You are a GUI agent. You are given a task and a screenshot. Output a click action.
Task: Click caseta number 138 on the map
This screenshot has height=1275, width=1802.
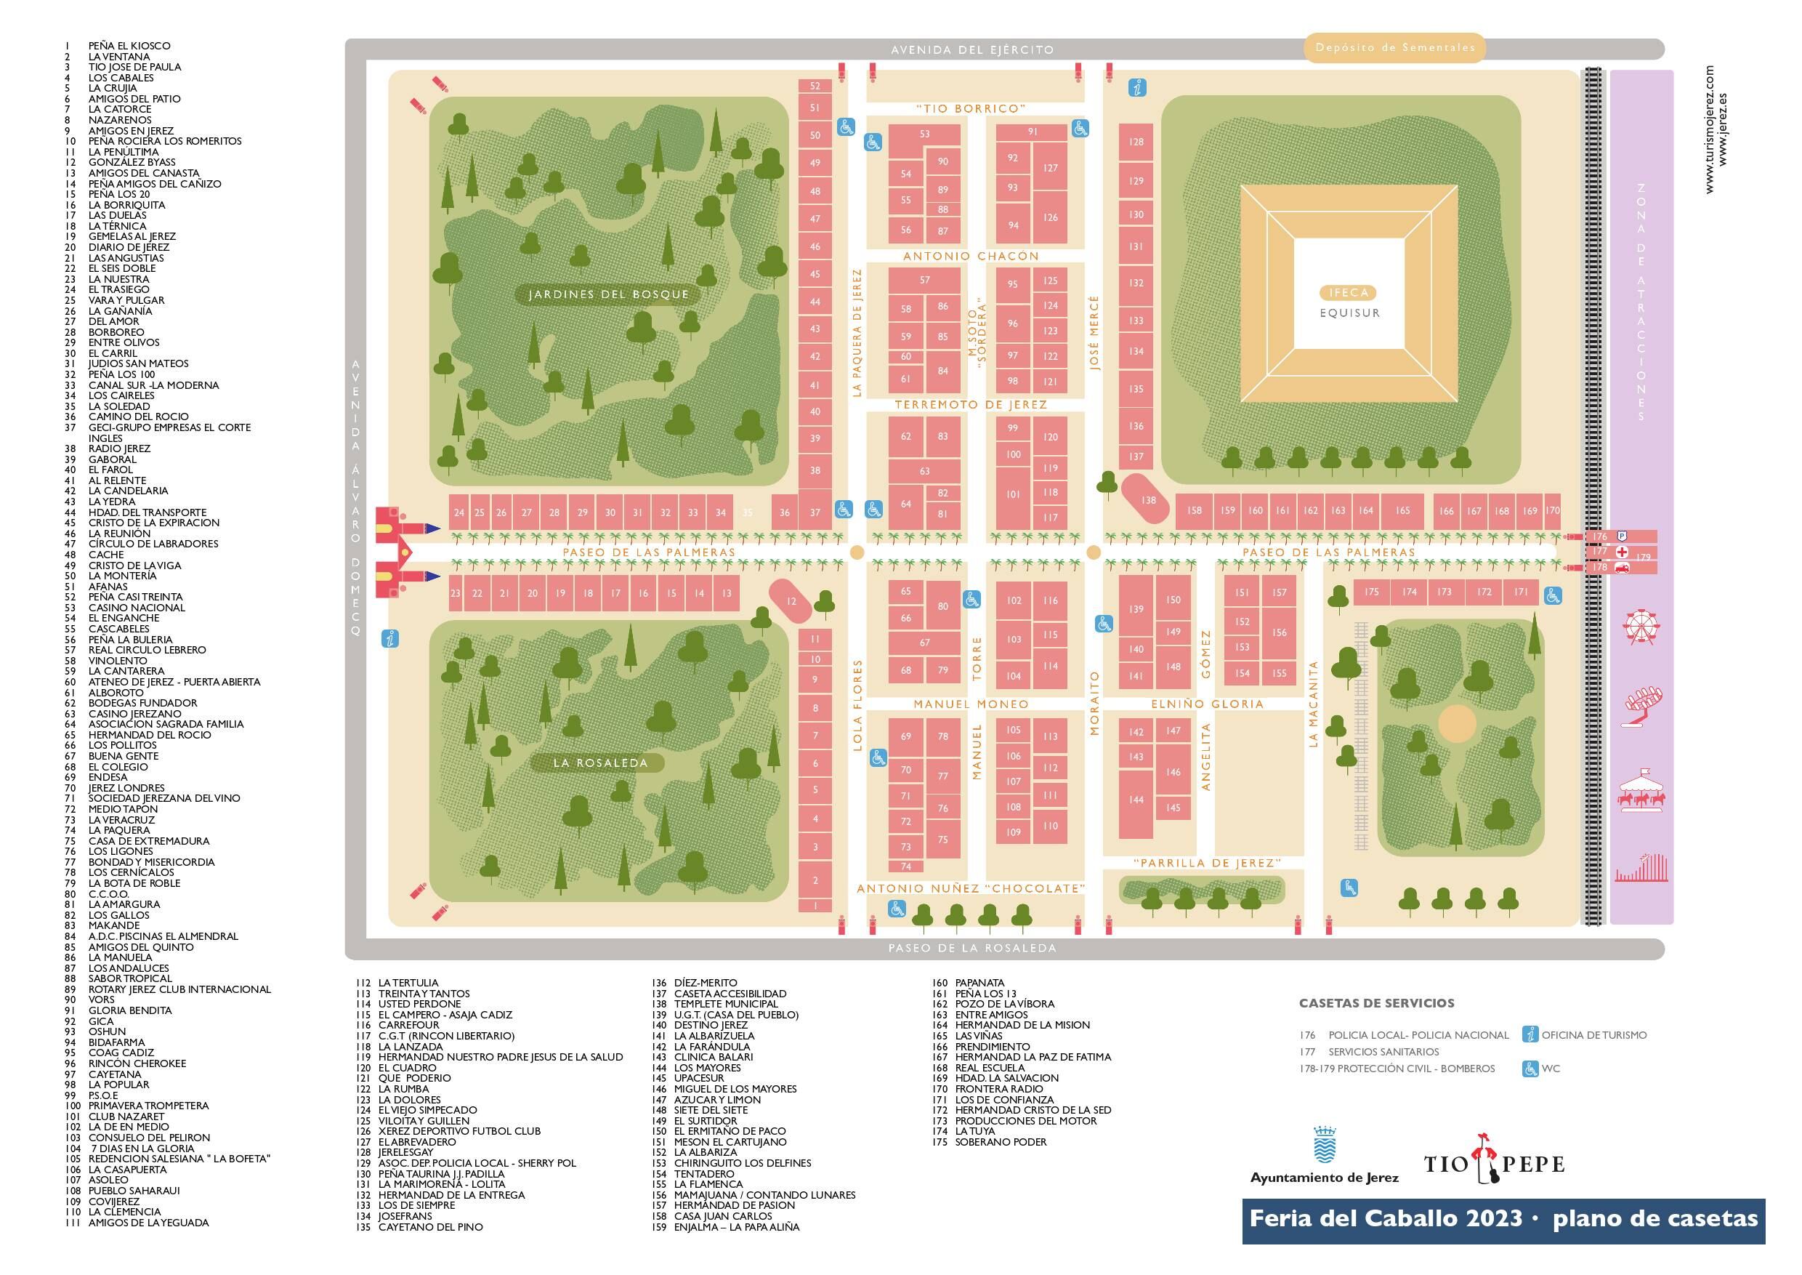pyautogui.click(x=1148, y=499)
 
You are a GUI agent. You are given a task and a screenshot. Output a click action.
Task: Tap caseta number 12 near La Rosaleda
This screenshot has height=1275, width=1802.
pyautogui.click(x=791, y=601)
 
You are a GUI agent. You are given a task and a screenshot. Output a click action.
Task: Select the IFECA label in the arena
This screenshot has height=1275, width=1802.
pyautogui.click(x=1349, y=293)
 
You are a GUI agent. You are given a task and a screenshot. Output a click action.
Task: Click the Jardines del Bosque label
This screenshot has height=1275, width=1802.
pyautogui.click(x=608, y=294)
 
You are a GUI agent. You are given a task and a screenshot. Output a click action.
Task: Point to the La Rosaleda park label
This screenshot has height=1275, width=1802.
pyautogui.click(x=600, y=763)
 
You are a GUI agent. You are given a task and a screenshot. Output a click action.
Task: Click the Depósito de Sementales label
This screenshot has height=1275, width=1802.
pyautogui.click(x=1394, y=47)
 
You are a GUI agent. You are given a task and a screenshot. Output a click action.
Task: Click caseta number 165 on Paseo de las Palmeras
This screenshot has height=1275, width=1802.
pyautogui.click(x=1402, y=510)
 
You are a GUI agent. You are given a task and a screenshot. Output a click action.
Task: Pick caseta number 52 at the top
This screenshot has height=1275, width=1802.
pyautogui.click(x=815, y=87)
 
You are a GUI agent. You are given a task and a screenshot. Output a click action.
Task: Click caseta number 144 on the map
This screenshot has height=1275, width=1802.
pyautogui.click(x=1136, y=800)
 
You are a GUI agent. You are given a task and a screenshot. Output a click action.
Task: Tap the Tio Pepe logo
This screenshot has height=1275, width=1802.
pyautogui.click(x=1495, y=1164)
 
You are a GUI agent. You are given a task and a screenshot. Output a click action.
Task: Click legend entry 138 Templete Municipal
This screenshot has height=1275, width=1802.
pyautogui.click(x=725, y=1003)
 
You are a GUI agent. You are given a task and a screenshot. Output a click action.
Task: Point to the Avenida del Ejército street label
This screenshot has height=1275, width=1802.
pyautogui.click(x=971, y=49)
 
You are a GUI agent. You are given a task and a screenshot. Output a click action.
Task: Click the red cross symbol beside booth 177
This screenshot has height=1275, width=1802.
pyautogui.click(x=1623, y=551)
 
